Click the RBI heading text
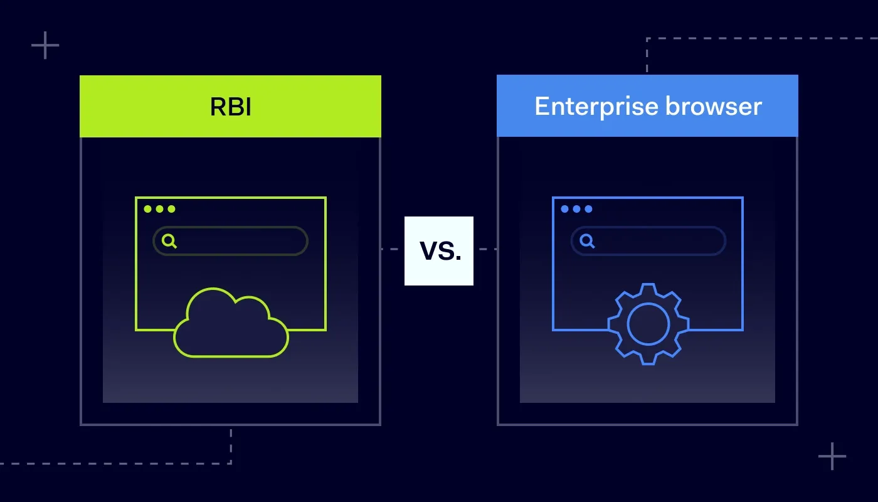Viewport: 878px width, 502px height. (230, 107)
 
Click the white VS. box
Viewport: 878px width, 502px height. (439, 251)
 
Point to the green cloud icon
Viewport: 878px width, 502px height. (231, 324)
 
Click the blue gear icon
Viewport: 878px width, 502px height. (648, 324)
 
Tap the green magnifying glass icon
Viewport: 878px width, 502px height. (169, 241)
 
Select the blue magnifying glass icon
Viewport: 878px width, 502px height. (587, 241)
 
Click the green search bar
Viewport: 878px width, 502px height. (238, 241)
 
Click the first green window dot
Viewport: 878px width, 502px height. (148, 209)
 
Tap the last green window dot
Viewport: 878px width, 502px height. (172, 209)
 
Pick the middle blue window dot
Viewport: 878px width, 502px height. (577, 209)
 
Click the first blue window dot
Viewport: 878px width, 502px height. (565, 209)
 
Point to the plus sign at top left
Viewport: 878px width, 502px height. (45, 46)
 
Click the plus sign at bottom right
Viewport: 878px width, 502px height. (832, 456)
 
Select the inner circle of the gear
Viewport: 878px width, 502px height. (648, 324)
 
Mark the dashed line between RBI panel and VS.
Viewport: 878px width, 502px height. (393, 249)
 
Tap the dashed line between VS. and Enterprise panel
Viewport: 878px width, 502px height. (485, 249)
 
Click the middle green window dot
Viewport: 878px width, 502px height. (160, 209)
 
